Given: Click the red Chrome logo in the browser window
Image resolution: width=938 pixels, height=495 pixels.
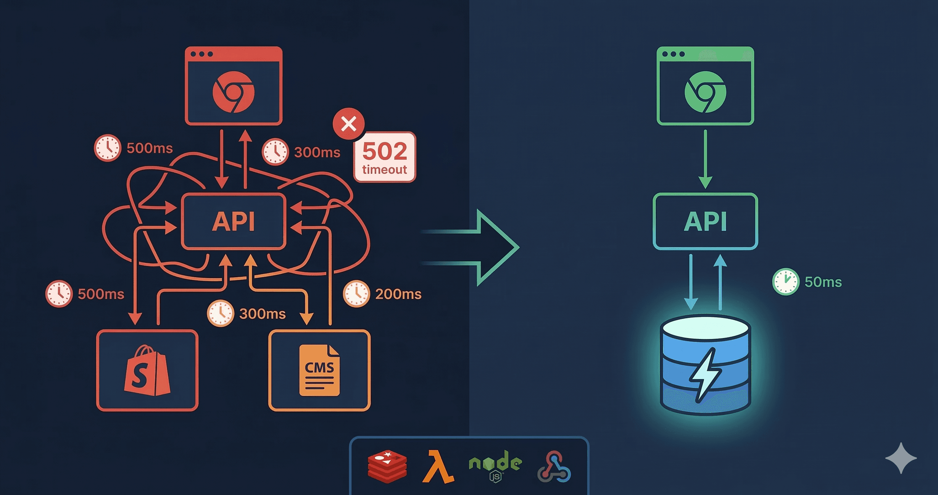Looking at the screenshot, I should pos(234,92).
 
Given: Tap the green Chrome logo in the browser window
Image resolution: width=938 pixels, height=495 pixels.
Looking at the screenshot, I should pos(705,92).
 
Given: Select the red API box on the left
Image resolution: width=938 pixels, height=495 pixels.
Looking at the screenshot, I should pos(234,221).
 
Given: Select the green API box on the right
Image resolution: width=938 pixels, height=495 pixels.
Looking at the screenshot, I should pos(705,221).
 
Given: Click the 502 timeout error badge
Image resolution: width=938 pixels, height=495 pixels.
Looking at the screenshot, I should pos(385,157).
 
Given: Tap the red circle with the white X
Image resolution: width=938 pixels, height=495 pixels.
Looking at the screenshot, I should pos(348,124).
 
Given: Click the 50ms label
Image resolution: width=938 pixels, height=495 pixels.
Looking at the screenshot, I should pos(823,282).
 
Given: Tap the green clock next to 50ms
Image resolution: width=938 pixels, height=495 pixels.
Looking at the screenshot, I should pos(786,282).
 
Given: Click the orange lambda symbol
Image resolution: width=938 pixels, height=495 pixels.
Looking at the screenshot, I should pos(438,467).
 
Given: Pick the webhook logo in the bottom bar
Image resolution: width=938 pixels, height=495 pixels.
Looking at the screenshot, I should pos(554,467).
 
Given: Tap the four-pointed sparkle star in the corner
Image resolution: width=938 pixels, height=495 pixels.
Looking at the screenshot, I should pos(901,458).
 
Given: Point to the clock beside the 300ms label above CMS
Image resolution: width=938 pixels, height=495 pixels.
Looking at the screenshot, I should pos(220,313).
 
